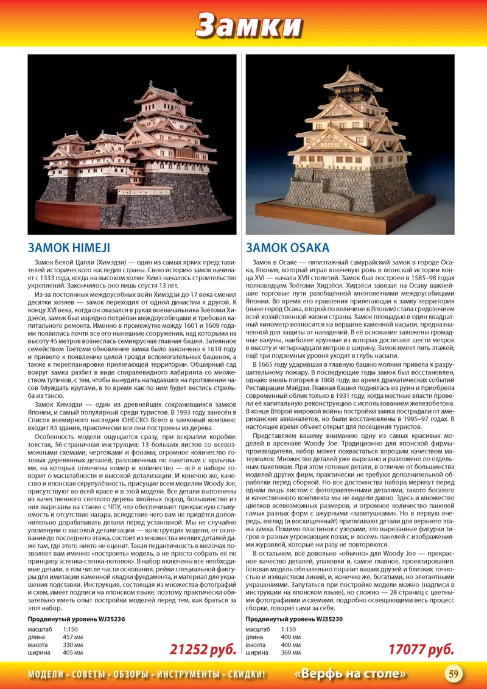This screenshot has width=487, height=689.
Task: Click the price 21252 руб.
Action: click(x=202, y=649)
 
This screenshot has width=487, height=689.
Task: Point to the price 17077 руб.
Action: click(x=421, y=649)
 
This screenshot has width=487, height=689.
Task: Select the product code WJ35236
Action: click(x=110, y=618)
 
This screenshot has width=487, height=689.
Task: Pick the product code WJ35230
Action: click(x=328, y=618)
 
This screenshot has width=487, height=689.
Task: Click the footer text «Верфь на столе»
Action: click(x=350, y=674)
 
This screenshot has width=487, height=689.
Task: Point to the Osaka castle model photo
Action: click(x=350, y=144)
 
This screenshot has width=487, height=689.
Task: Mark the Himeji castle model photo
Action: click(x=132, y=144)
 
